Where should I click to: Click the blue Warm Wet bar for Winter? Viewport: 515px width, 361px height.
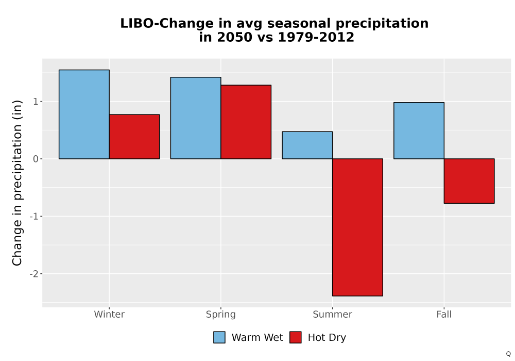(84, 114)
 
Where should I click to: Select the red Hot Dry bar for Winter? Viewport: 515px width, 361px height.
(134, 137)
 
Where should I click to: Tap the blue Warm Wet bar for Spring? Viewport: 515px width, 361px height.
(196, 118)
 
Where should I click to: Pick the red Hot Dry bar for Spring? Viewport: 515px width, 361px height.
(246, 122)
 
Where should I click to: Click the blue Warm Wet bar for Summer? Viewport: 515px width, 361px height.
(307, 145)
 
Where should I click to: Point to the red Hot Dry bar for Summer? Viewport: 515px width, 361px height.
(358, 227)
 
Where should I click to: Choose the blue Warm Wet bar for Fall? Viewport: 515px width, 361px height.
(419, 130)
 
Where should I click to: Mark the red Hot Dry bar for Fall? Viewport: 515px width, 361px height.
(469, 181)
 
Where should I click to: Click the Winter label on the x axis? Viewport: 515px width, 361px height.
(109, 314)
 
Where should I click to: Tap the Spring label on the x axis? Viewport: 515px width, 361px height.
(221, 315)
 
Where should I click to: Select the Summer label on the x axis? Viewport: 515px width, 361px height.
(332, 314)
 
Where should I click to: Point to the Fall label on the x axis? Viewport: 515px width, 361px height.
(444, 314)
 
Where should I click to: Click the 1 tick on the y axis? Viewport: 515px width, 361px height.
(36, 102)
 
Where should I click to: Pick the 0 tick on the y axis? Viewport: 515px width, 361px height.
(36, 159)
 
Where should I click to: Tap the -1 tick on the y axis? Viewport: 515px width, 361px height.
(34, 216)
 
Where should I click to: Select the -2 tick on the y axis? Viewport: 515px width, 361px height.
(34, 274)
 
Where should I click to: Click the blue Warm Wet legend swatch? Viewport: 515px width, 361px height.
(219, 337)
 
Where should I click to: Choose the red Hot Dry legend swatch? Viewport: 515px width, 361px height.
(296, 337)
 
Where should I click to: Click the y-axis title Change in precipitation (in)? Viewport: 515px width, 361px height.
(17, 183)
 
